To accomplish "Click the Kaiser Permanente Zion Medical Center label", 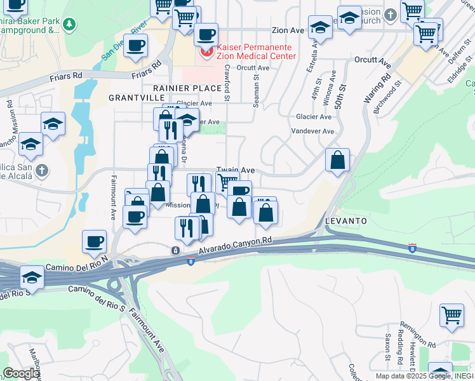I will [255, 51].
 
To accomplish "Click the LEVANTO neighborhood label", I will [346, 220].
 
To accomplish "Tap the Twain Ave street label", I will [236, 170].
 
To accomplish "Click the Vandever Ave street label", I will [312, 131].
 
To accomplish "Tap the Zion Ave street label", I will [288, 30].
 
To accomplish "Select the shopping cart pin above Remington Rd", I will [452, 315].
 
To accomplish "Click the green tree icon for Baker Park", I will [69, 25].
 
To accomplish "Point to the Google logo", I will [20, 374].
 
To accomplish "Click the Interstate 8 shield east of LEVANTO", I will [412, 247].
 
